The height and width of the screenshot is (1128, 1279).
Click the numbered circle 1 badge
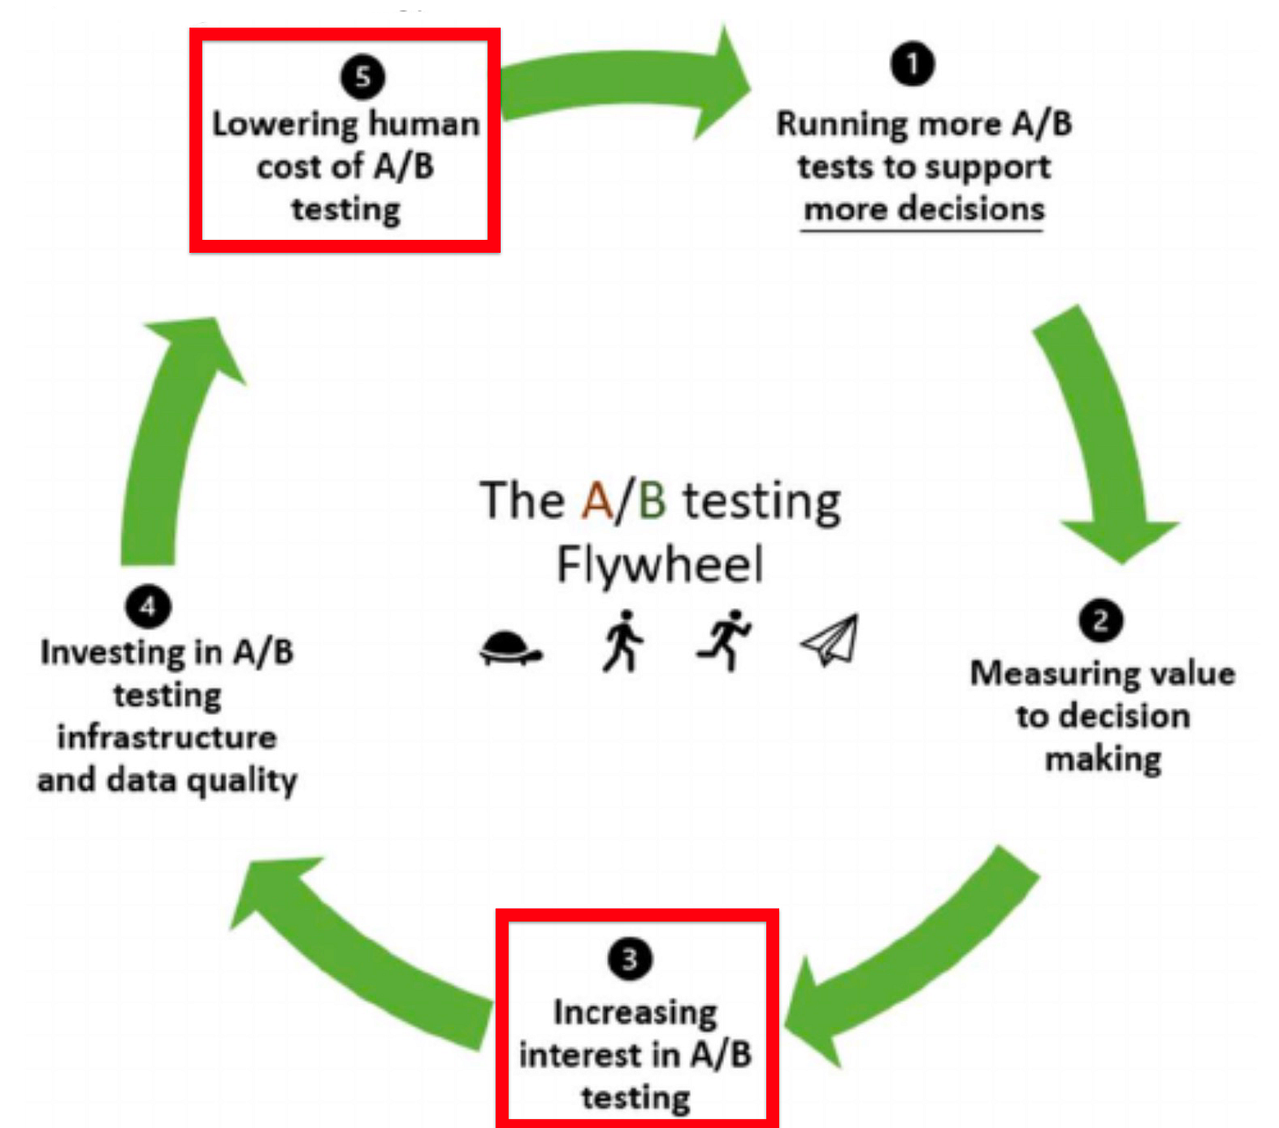coord(913,64)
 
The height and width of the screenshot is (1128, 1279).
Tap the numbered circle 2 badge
coord(1101,621)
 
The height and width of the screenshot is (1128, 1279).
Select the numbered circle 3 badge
coord(630,958)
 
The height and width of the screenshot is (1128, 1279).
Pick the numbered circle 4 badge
coord(148,606)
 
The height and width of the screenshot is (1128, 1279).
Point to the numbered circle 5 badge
coord(363,76)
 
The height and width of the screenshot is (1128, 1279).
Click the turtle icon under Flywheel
coord(510,649)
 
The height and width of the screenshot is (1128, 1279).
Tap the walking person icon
coord(623,641)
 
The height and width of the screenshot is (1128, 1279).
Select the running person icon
coord(725,640)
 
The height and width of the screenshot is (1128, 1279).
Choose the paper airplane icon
coord(830,640)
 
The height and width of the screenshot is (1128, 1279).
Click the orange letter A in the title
coord(596,501)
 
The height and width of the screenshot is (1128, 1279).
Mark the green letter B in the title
coord(652,501)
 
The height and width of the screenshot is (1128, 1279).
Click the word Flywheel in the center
coord(660,565)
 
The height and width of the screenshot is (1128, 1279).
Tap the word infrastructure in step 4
coord(167,736)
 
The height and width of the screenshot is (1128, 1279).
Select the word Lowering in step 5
coord(285,124)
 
